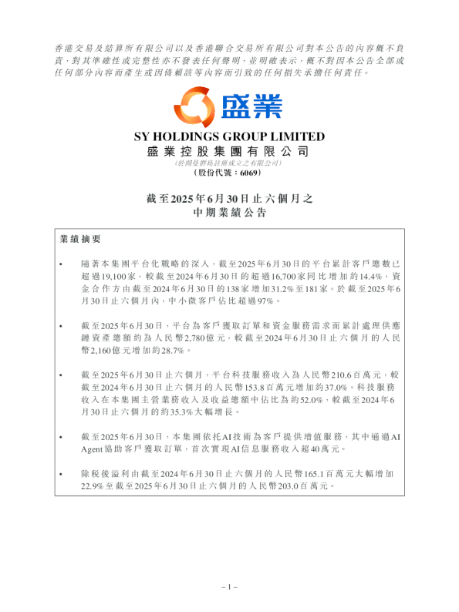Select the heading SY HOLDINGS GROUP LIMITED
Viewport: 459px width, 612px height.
[229, 137]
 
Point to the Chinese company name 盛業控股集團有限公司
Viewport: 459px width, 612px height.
[229, 152]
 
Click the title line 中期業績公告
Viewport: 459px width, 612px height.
[229, 212]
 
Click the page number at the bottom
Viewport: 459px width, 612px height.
[229, 587]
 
